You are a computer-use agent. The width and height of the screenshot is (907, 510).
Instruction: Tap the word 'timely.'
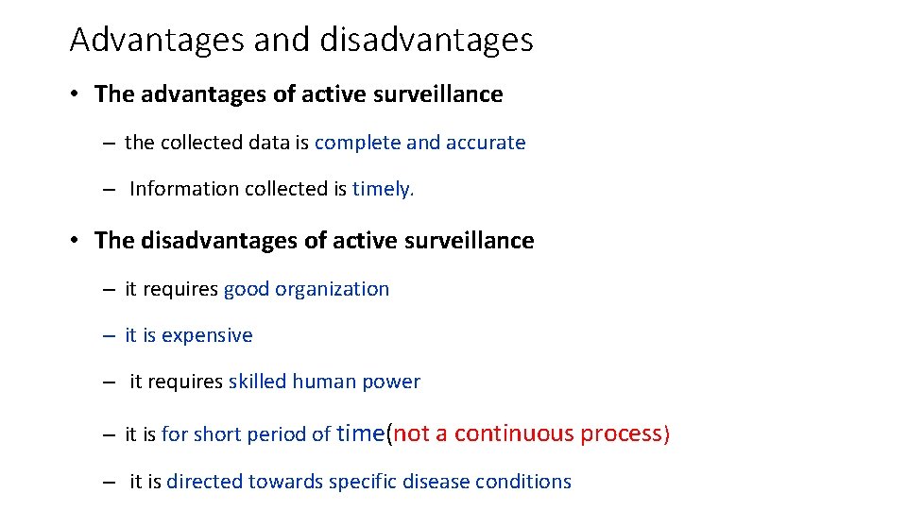coord(384,189)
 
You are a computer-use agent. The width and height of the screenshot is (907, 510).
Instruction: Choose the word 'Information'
coord(184,189)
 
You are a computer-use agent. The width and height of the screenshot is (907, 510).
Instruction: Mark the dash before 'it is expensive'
coord(110,335)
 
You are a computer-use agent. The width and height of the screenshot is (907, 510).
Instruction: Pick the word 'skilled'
coord(257,382)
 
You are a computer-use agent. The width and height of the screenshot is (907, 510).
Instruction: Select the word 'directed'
coord(204,482)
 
